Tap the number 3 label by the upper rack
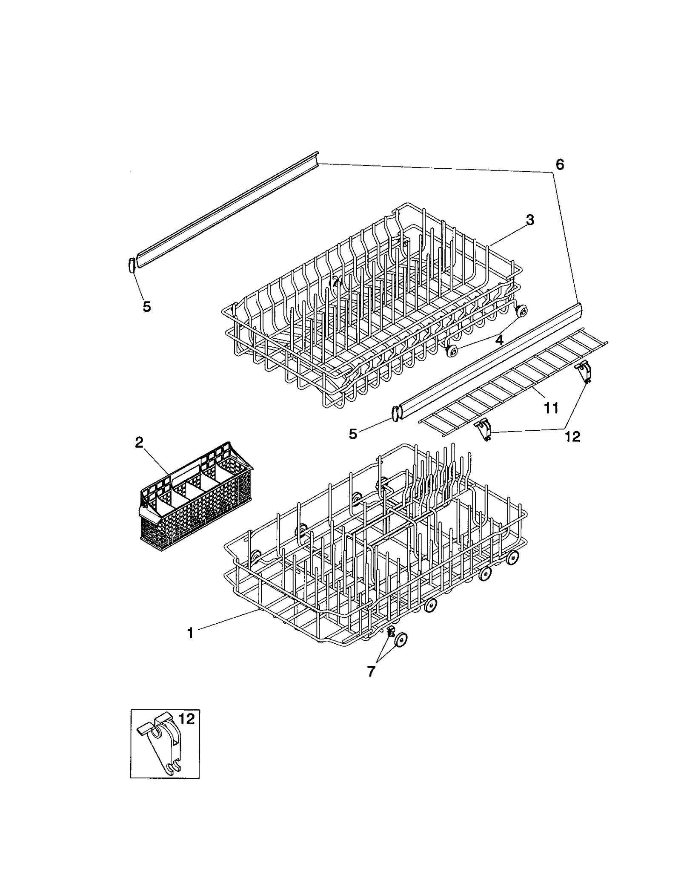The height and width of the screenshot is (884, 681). tap(529, 220)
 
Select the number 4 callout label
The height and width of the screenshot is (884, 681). tap(499, 340)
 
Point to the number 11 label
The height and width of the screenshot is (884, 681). tap(551, 408)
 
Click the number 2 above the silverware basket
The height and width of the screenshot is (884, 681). tap(139, 443)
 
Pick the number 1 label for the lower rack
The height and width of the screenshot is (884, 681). tap(190, 645)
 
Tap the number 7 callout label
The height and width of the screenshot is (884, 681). tap(371, 672)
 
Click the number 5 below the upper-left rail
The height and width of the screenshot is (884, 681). tap(146, 306)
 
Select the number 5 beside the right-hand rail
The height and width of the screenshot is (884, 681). tap(353, 434)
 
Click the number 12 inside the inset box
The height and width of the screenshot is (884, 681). tap(186, 719)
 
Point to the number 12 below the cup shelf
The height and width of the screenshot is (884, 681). tap(573, 436)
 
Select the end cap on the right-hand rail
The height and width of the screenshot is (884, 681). tap(396, 414)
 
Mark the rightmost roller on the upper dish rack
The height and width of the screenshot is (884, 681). tap(521, 312)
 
